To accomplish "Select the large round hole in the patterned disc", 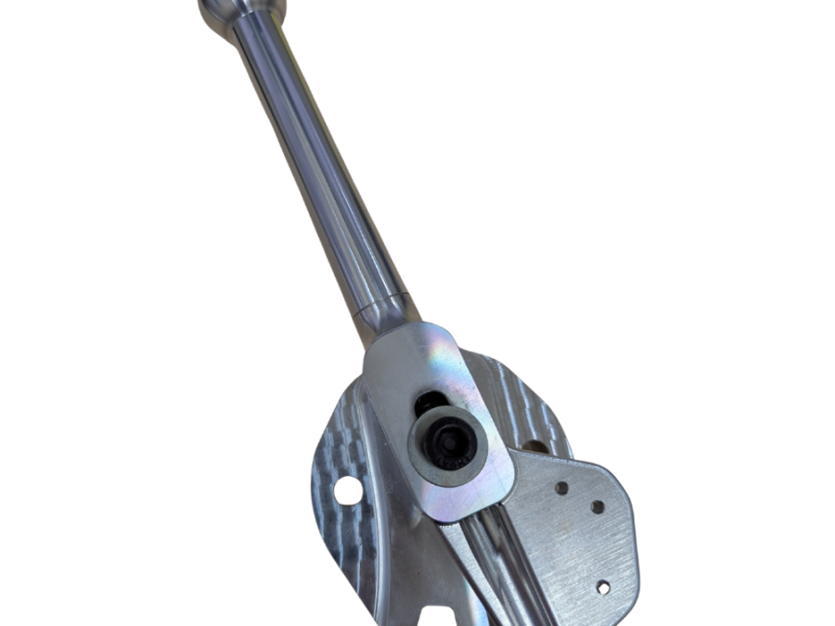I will [348, 491].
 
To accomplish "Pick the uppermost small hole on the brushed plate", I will [562, 488].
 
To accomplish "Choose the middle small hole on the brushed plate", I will [597, 507].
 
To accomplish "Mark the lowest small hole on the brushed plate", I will [603, 586].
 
